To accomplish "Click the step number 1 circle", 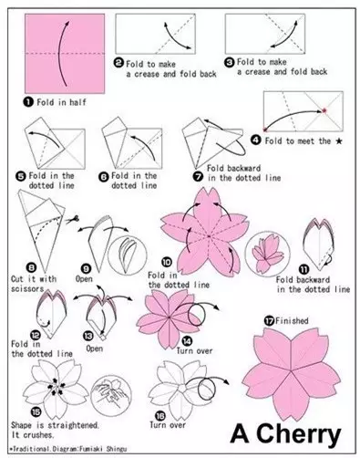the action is (28, 101).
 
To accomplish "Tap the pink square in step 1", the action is (65, 53).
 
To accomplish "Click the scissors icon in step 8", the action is (72, 219).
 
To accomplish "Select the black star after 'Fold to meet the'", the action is (339, 141).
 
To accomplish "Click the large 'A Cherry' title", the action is (286, 434).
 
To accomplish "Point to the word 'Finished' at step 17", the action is (292, 320).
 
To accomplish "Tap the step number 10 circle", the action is (167, 262).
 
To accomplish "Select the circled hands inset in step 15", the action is (111, 394).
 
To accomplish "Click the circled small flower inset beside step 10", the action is (267, 254).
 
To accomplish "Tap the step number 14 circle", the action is (188, 341).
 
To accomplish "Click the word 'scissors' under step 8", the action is (27, 288).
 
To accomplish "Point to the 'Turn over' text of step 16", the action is (168, 425).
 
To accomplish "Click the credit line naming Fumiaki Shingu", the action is (68, 449).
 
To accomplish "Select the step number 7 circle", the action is (199, 176).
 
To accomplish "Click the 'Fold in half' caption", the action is (61, 102).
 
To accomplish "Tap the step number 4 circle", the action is (256, 140).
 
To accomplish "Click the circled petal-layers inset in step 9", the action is (128, 255).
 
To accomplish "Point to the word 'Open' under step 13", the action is (95, 349).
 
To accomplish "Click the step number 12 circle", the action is (36, 335).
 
